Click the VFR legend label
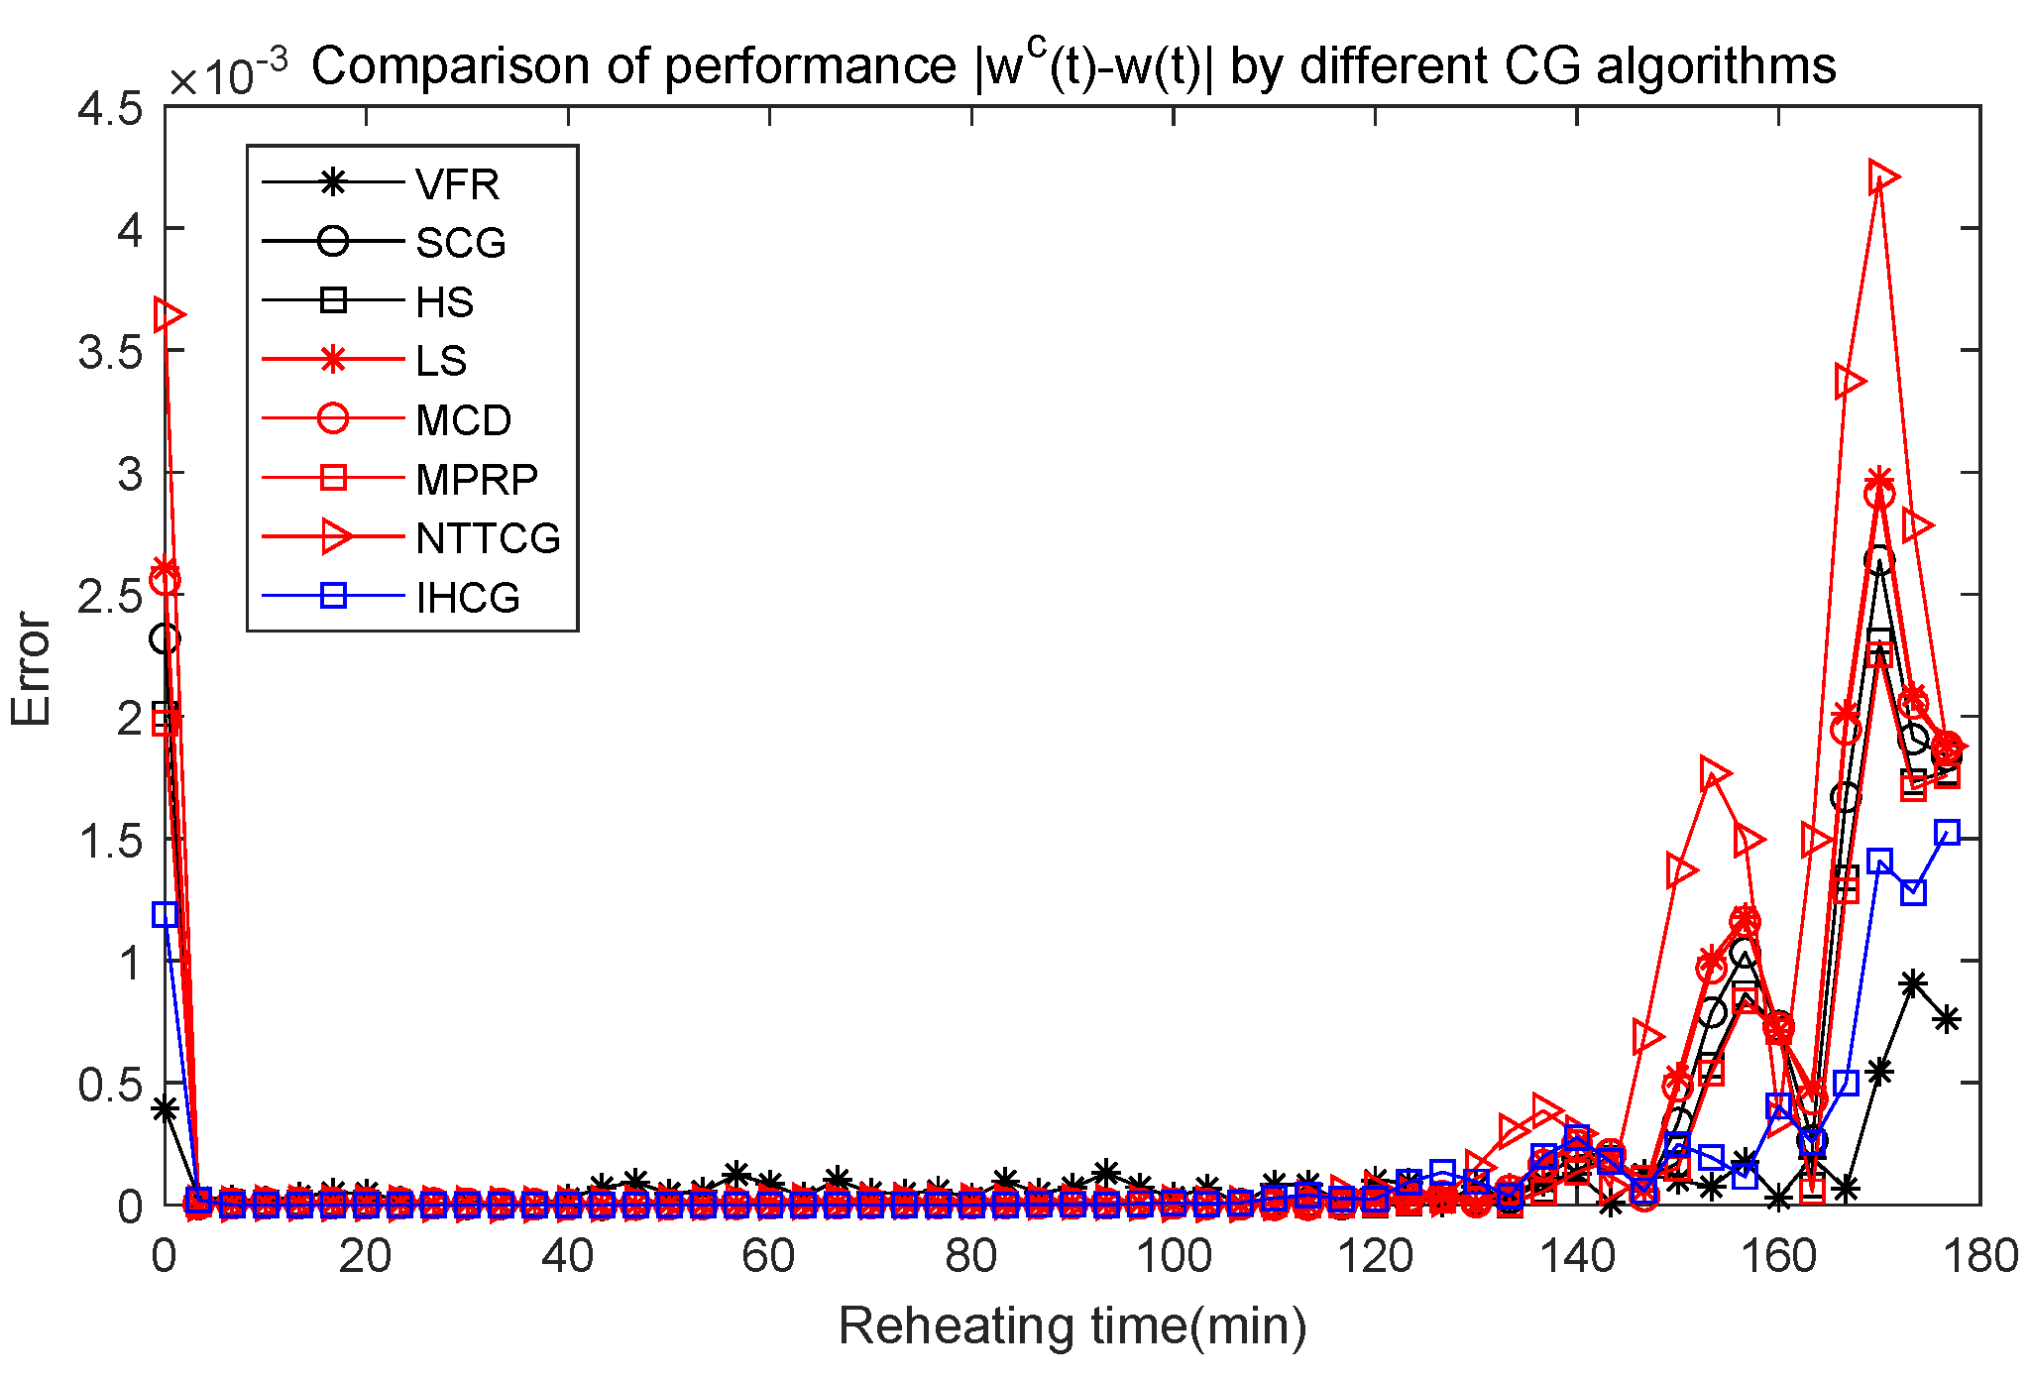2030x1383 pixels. pos(457,184)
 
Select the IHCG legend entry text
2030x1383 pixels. pos(468,598)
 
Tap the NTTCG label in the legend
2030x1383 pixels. pos(488,538)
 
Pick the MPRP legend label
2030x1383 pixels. pos(476,480)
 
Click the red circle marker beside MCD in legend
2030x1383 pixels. pos(333,418)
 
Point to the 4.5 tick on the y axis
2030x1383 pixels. pos(109,109)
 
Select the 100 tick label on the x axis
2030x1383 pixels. pos(1173,1257)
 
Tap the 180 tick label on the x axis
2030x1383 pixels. pos(1978,1257)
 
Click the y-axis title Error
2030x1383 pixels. pos(32,669)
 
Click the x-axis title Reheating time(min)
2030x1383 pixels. pos(1072,1326)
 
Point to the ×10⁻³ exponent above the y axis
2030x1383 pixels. pos(228,74)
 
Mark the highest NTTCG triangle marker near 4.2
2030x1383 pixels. pos(1881,177)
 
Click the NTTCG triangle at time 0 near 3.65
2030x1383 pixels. pos(169,315)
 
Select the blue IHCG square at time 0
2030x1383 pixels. pos(166,914)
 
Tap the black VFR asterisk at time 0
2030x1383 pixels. pos(166,1109)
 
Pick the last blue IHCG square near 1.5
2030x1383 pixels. pos(1948,833)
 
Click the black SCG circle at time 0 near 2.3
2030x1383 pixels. pos(166,638)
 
